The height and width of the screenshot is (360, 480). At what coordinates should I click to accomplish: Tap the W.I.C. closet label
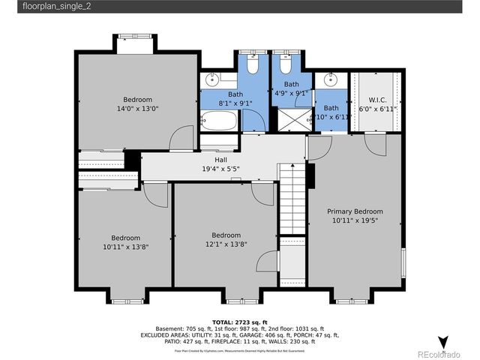coord(377,100)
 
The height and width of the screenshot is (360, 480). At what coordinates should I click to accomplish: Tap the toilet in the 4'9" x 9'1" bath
coord(283,66)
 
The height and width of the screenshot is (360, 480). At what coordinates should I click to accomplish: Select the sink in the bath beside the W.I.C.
coord(330,79)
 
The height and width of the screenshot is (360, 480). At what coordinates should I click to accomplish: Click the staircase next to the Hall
coord(292,199)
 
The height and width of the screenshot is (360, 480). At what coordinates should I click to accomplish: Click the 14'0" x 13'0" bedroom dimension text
coord(137,109)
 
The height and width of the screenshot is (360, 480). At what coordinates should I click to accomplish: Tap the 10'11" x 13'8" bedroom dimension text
coord(121,247)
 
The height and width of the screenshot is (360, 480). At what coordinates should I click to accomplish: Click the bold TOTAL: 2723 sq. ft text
coord(239,321)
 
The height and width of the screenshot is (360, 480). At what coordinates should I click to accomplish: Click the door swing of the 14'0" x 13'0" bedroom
coord(179,138)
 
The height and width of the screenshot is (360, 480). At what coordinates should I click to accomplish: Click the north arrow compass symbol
coord(443,342)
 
